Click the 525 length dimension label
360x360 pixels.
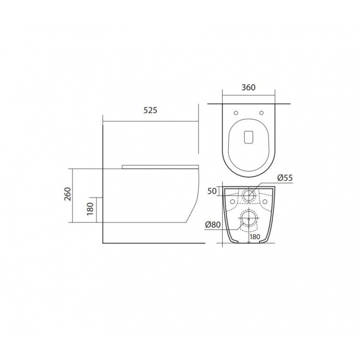151,110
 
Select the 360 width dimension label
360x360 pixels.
249,88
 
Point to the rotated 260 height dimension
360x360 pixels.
68,194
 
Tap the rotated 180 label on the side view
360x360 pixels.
90,209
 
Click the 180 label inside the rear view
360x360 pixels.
255,236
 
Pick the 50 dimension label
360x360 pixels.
212,191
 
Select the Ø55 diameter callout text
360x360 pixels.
285,178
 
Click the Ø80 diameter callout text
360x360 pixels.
213,224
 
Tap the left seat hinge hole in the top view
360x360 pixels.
236,113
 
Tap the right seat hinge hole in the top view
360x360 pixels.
261,113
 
